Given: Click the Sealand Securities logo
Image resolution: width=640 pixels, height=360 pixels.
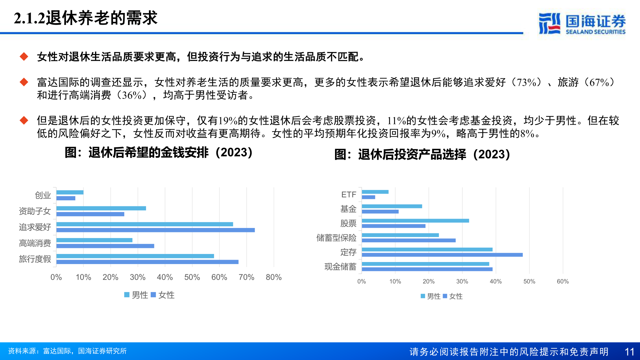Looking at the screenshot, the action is click(582, 24).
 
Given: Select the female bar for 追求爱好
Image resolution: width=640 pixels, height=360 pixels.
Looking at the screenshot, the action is click(156, 230).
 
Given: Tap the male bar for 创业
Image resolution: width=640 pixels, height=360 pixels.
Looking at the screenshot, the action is click(70, 192).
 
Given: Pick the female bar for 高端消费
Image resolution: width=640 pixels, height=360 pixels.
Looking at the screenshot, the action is click(105, 246).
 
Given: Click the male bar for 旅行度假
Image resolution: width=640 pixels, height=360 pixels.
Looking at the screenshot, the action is click(135, 256).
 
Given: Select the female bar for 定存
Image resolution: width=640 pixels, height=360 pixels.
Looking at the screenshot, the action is click(442, 255).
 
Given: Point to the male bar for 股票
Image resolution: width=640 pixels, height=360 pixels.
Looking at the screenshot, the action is click(415, 221).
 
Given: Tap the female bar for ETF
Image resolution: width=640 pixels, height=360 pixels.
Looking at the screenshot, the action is click(369, 197).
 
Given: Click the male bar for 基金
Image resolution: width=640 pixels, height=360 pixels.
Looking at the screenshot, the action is click(392, 206).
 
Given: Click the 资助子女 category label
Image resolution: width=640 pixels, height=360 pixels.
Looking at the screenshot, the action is click(35, 211).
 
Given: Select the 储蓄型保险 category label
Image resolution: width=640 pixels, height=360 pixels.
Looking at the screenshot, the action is click(336, 238).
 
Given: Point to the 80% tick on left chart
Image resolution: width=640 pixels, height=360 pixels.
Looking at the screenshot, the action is click(274, 277).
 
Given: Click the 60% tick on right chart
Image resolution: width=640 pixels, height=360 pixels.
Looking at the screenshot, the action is click(563, 281).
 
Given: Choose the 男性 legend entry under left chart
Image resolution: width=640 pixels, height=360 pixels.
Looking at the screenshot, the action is click(136, 295).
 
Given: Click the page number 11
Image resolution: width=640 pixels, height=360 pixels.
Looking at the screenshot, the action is click(629, 352).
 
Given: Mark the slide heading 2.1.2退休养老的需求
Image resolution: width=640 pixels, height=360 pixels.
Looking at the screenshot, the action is click(86, 18).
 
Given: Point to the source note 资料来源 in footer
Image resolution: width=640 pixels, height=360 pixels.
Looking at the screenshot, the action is click(67, 351).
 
